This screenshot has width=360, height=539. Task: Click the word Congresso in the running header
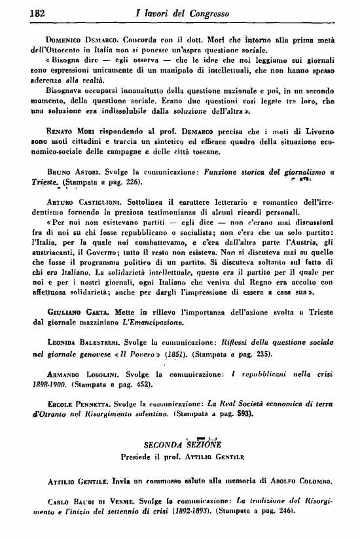point(225,13)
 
